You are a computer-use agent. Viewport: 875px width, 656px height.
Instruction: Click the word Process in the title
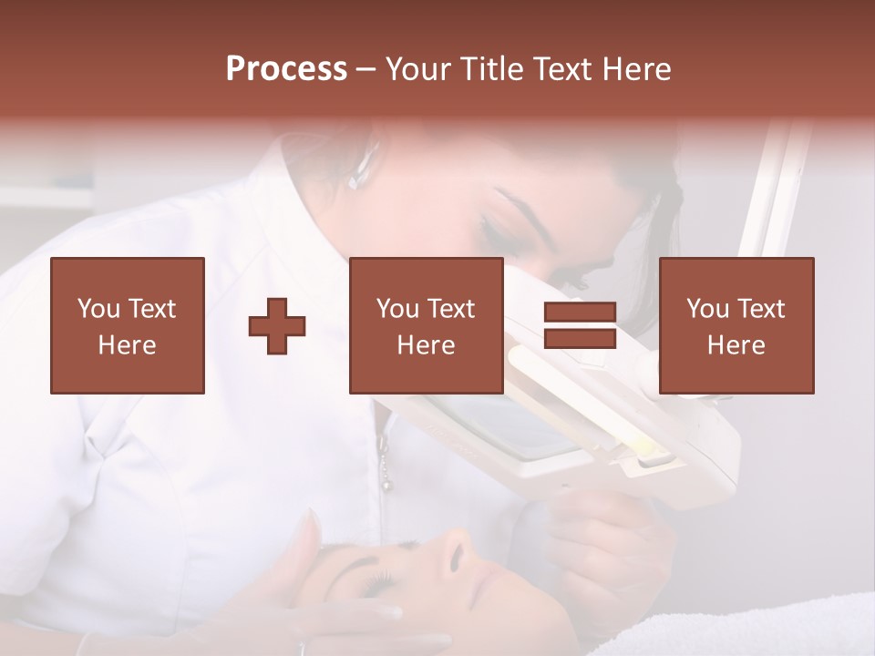point(286,69)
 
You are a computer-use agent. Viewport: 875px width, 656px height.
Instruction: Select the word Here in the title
point(634,69)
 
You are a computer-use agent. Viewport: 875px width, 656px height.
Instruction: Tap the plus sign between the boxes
point(277,326)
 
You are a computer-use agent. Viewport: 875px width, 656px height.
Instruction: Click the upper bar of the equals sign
point(580,313)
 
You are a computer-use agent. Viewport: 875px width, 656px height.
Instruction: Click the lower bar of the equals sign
point(580,338)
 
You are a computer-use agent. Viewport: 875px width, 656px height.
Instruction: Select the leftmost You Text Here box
point(128,325)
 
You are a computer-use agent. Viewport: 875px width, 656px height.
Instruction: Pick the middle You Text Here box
point(427,325)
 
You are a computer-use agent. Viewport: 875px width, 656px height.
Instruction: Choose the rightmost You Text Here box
point(736,325)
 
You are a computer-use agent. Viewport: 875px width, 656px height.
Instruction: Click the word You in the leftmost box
point(98,309)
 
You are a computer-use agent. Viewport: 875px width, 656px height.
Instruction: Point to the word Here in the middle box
point(427,345)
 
